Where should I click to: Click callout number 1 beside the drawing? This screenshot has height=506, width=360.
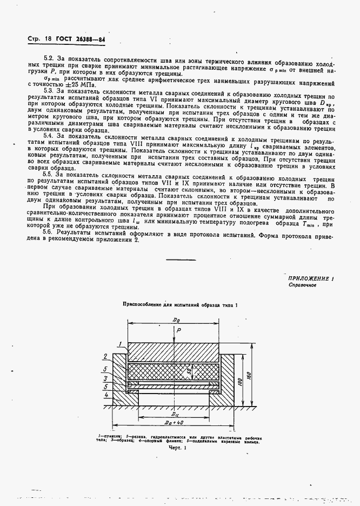(x=109, y=344)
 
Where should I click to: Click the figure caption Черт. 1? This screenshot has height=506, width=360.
(x=177, y=448)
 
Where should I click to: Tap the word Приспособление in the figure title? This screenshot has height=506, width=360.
(x=143, y=305)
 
